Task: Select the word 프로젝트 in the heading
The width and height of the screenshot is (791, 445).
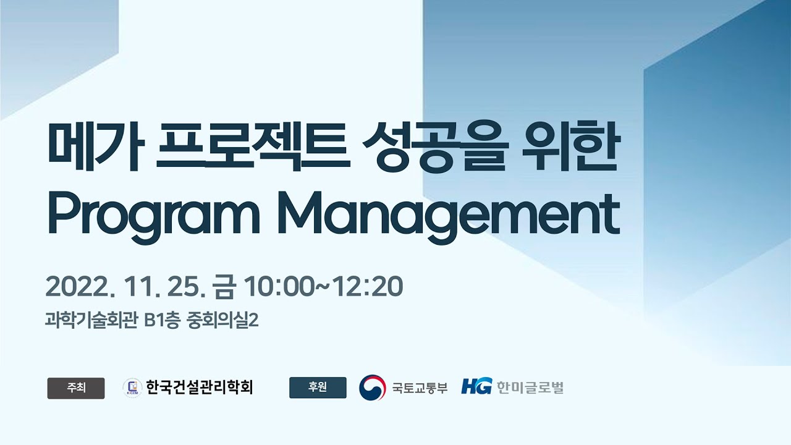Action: point(253,149)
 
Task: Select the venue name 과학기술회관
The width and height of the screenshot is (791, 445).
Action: point(91,321)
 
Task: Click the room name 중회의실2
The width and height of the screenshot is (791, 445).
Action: point(221,321)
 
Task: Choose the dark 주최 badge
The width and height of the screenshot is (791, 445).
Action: point(76,388)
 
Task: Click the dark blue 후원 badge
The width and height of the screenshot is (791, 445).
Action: point(318,388)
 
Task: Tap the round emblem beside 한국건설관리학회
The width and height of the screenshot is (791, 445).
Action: point(132,388)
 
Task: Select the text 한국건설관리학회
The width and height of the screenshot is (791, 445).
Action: point(200,388)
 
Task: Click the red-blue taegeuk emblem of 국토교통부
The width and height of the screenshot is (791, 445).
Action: point(372,388)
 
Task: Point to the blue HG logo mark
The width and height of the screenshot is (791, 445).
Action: point(475,388)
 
